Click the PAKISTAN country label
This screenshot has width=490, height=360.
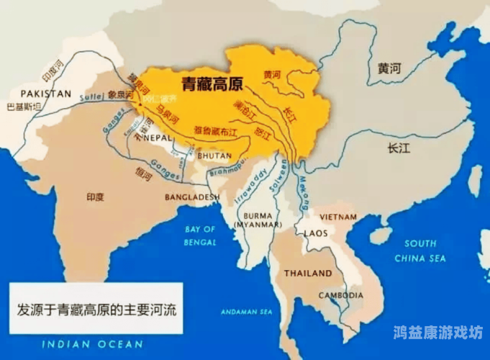coord(45,94)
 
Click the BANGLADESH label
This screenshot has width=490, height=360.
coord(192,197)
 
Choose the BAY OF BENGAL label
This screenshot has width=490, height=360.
coord(201,235)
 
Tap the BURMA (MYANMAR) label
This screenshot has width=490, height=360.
coord(257,220)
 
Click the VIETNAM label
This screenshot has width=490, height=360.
coord(338,217)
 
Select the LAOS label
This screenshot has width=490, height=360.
coord(316,233)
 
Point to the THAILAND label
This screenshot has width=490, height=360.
coord(308,273)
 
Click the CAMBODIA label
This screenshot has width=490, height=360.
coord(340,295)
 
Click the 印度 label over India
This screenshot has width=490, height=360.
coord(95,195)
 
